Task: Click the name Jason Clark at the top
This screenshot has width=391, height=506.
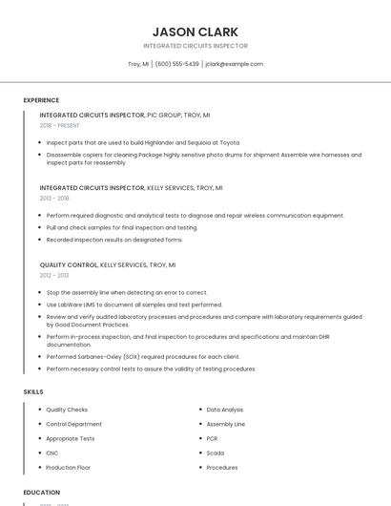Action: pyautogui.click(x=195, y=32)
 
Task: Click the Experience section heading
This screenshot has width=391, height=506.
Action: pyautogui.click(x=41, y=100)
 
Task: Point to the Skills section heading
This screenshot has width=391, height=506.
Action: pyautogui.click(x=33, y=391)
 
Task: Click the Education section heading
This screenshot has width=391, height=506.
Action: pyautogui.click(x=42, y=493)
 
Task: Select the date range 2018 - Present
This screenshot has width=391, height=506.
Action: pyautogui.click(x=60, y=125)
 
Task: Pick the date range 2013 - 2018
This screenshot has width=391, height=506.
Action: pyautogui.click(x=54, y=199)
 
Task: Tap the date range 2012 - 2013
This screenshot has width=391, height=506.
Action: pyautogui.click(x=54, y=275)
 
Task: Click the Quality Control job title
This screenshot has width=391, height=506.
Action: pyautogui.click(x=69, y=264)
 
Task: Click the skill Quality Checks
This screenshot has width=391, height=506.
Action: pyautogui.click(x=67, y=410)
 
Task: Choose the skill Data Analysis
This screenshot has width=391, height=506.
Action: pyautogui.click(x=225, y=410)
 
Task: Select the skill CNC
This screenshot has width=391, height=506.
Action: pyautogui.click(x=52, y=453)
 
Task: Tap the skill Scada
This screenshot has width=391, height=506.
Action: pyautogui.click(x=216, y=453)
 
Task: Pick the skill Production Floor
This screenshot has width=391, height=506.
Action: pyautogui.click(x=69, y=468)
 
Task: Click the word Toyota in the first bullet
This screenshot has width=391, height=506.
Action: pyautogui.click(x=229, y=142)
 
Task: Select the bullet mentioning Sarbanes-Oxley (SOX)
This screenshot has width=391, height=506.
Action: pyautogui.click(x=143, y=356)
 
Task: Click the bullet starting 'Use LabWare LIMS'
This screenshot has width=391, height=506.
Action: pyautogui.click(x=134, y=305)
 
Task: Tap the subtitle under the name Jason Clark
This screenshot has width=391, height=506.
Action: pyautogui.click(x=195, y=46)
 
